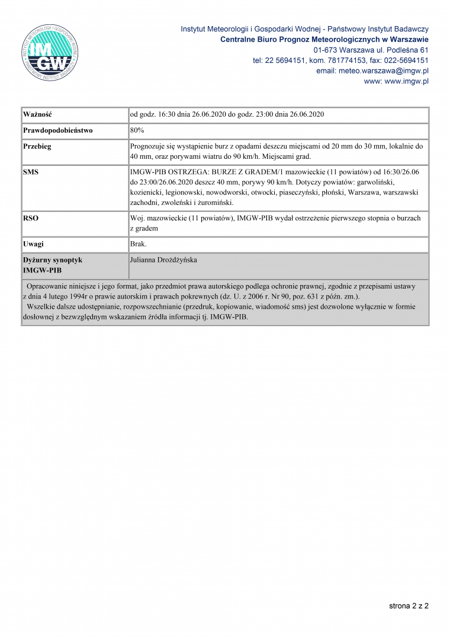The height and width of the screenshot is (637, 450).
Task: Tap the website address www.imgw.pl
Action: [406, 81]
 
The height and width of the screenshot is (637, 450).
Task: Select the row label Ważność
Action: [38, 114]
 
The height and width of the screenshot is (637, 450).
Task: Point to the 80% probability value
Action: [137, 130]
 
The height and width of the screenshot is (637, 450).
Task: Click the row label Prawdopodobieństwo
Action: [58, 130]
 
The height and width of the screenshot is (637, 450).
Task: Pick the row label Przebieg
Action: [37, 146]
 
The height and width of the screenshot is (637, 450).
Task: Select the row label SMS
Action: [31, 171]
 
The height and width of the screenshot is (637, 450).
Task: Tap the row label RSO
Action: [31, 218]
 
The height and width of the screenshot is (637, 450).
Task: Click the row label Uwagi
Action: [33, 244]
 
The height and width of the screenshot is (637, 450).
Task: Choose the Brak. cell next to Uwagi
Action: [138, 244]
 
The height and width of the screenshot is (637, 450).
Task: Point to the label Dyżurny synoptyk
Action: [53, 260]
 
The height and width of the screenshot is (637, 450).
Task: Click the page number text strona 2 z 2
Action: [409, 606]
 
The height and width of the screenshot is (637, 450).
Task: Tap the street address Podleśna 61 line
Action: [371, 50]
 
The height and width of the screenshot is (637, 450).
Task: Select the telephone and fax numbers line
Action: [340, 60]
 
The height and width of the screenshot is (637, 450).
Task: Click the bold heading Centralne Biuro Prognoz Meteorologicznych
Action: [324, 39]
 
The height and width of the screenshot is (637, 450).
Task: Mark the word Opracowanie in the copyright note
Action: [47, 286]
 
